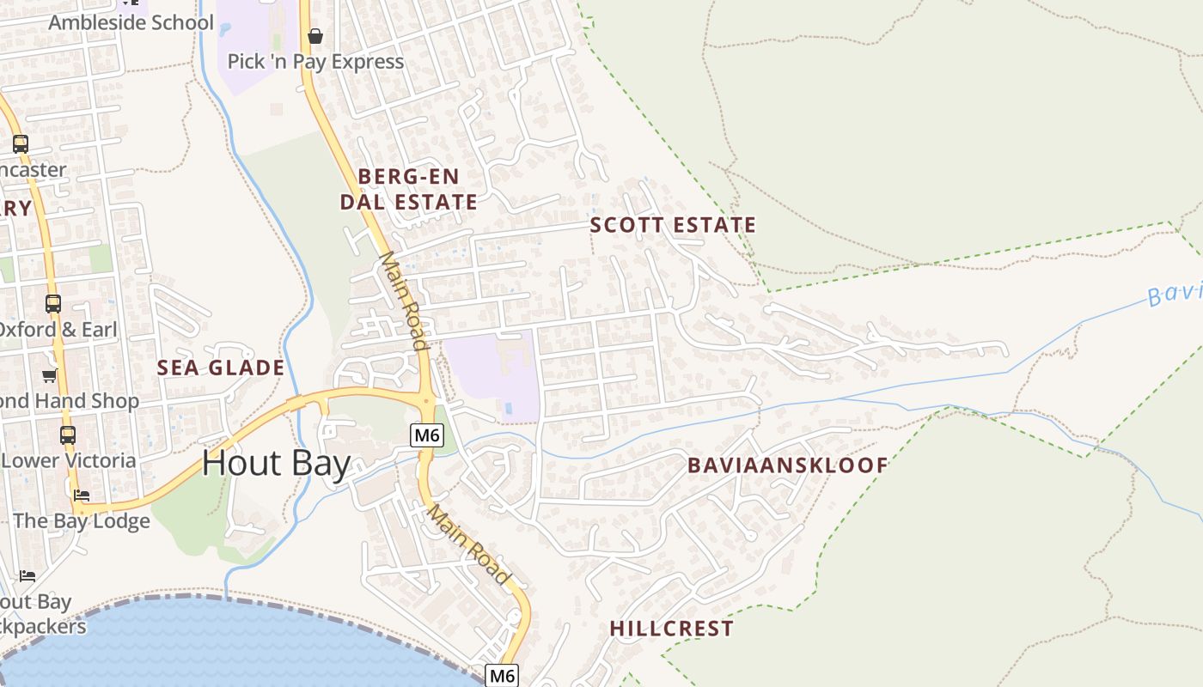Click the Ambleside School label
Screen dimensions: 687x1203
[x=131, y=22]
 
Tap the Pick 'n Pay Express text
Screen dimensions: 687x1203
[x=315, y=61]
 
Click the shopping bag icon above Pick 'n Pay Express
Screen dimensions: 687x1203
[x=315, y=36]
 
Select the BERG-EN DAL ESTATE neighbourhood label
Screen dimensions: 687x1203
[x=408, y=189]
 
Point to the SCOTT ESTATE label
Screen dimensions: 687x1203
[x=673, y=225]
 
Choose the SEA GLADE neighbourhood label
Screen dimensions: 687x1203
[x=220, y=368]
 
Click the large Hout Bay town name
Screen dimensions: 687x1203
[x=277, y=464]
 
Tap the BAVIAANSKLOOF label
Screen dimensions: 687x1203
[x=788, y=465]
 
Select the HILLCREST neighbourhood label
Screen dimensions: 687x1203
[x=672, y=629]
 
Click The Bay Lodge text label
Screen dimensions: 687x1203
[x=82, y=520]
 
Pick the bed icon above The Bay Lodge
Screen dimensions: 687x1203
[x=82, y=495]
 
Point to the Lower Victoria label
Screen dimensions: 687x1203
[x=69, y=460]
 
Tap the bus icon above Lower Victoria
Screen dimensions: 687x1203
[x=68, y=435]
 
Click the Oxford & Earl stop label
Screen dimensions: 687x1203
[x=58, y=330]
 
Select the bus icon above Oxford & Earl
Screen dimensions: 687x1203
[x=53, y=303]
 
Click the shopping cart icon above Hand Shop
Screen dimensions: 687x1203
[x=50, y=375]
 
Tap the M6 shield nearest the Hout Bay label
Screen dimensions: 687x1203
[x=427, y=435]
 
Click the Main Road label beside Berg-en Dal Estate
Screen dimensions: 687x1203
[x=403, y=301]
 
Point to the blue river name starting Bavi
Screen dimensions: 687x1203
[x=1176, y=295]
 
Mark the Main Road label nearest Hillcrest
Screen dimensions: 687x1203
[x=469, y=544]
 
